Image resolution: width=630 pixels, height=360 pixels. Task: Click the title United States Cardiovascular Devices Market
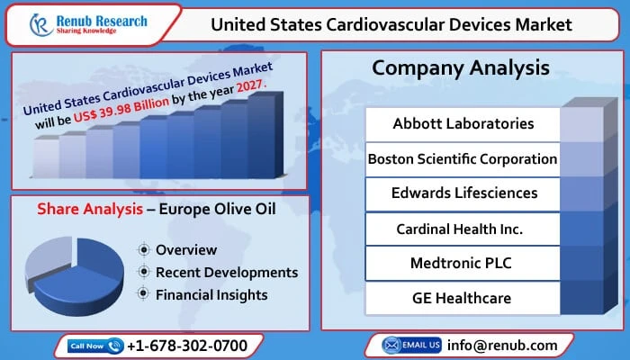pos(391,24)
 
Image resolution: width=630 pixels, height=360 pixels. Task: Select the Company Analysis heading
pos(460,67)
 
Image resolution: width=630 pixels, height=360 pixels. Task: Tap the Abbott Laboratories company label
pos(463,123)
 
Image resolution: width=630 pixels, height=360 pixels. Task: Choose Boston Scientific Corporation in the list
pos(463,158)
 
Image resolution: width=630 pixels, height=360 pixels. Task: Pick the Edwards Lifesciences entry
pos(463,193)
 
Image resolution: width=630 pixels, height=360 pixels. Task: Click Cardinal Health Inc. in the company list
pos(463,228)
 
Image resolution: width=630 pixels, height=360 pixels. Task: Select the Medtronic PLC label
pos(463,263)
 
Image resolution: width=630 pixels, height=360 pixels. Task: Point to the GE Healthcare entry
pos(463,298)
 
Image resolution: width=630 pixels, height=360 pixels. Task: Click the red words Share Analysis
pos(86,209)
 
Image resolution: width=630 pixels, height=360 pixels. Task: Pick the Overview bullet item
pos(185,249)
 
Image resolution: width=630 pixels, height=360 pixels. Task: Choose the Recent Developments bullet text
pos(226,272)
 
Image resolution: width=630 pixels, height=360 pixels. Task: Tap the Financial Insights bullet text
pos(211,293)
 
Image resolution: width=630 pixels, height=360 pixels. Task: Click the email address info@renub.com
pos(502,345)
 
